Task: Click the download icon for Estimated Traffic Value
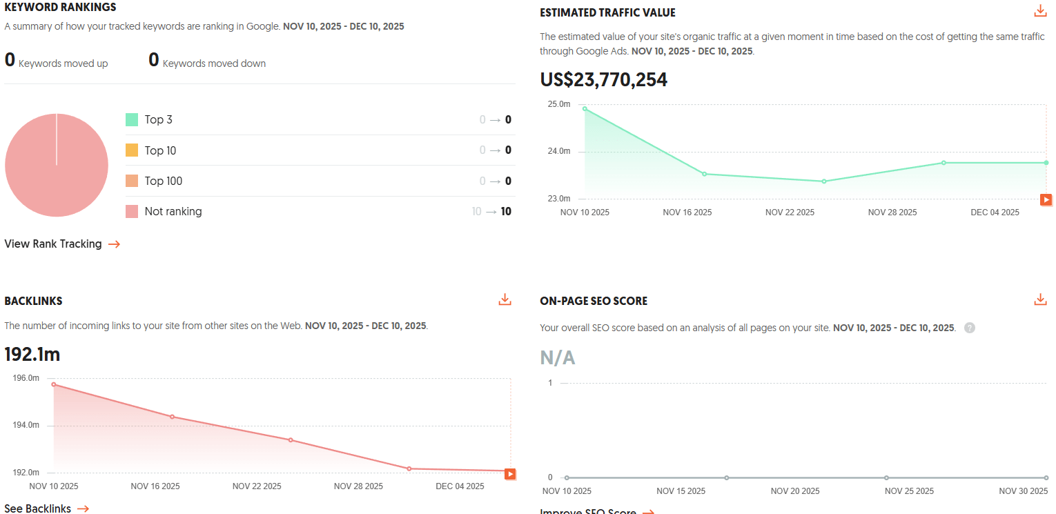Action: tap(1040, 11)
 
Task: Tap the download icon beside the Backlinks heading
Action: tap(505, 299)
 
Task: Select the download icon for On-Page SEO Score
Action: tap(1040, 299)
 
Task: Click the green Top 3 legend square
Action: tap(132, 120)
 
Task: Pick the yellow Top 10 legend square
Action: tap(132, 150)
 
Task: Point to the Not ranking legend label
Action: tap(173, 212)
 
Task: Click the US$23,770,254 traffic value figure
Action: tap(603, 80)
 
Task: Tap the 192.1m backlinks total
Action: tap(32, 355)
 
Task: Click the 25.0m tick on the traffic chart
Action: tap(559, 104)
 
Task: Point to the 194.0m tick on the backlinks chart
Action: tap(26, 425)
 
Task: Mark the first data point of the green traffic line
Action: tap(585, 108)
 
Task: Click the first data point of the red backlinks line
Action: tap(54, 384)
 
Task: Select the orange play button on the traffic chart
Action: tap(1046, 200)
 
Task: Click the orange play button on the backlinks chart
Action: tap(510, 474)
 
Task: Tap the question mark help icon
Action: tap(970, 328)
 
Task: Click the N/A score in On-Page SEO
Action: tap(558, 358)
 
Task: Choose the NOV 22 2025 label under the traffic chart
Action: tap(790, 212)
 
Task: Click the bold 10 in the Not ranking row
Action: tap(506, 212)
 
